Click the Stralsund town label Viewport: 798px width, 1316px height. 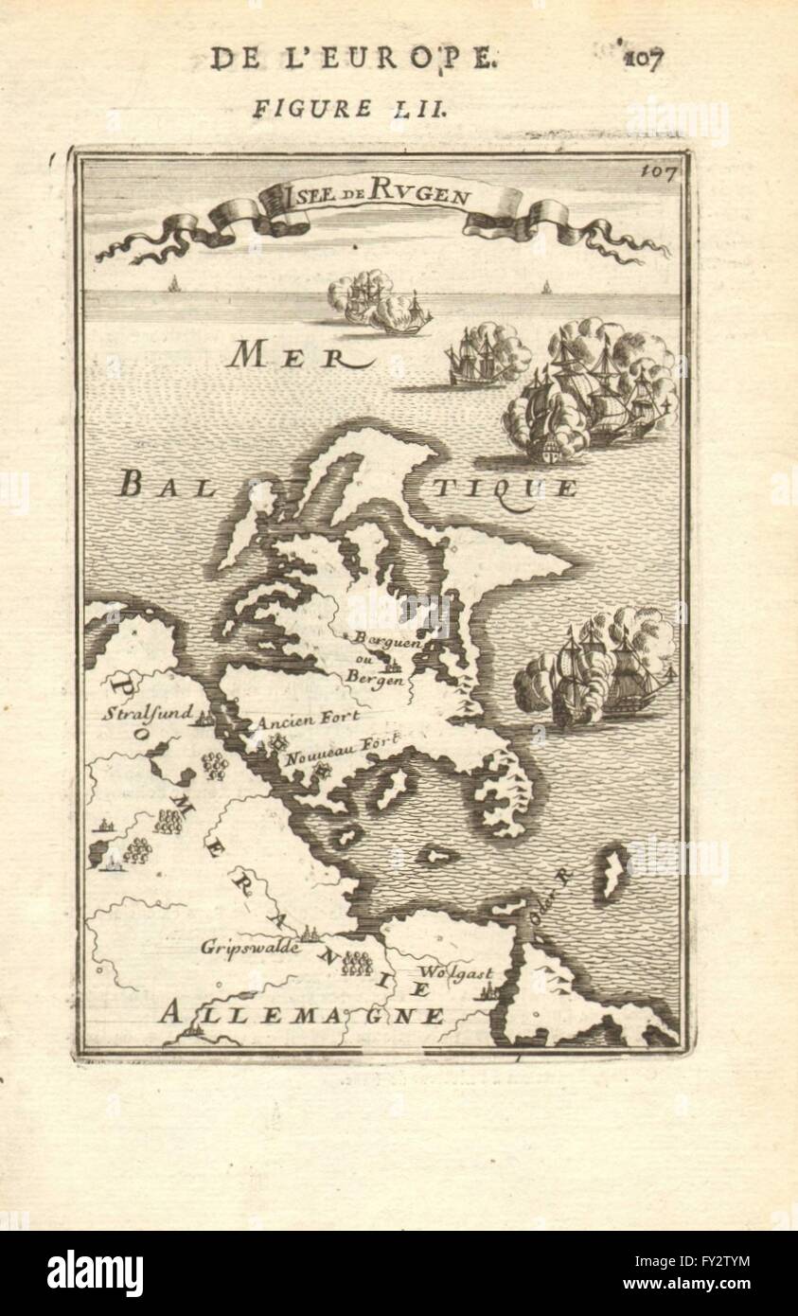[148, 712]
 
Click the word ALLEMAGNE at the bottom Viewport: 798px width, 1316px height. [301, 1015]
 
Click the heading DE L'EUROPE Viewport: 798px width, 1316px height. [351, 58]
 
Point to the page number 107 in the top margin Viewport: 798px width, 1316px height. [644, 58]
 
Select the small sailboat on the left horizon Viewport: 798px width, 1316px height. [173, 283]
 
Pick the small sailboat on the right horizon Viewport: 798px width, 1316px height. [544, 286]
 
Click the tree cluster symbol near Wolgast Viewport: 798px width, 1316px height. [357, 963]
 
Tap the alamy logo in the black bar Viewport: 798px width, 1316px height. [96, 1273]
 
